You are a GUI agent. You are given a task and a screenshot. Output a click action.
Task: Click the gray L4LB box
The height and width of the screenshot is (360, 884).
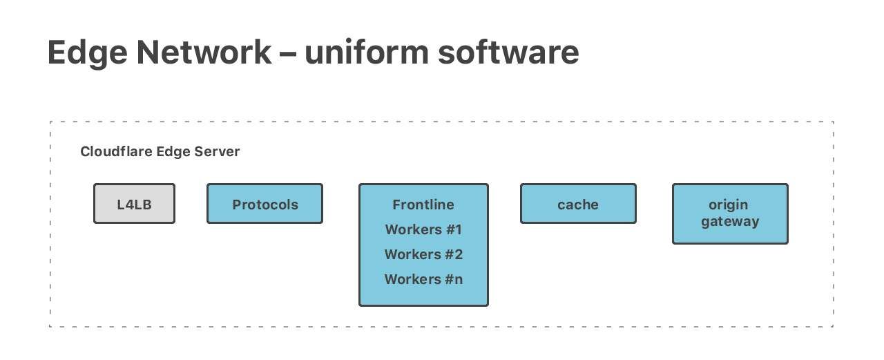point(134,203)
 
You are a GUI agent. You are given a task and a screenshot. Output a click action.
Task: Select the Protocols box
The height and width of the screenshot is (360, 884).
point(265,203)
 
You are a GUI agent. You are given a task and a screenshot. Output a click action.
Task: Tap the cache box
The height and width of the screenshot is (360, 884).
point(577,203)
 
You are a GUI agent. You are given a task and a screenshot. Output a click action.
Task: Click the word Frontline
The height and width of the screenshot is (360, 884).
point(423,205)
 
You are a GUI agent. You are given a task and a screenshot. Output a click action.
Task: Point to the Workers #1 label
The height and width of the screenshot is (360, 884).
point(423,229)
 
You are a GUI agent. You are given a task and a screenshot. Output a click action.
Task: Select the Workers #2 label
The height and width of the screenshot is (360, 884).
point(423,254)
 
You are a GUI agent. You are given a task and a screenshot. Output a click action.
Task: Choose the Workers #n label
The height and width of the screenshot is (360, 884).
point(423,279)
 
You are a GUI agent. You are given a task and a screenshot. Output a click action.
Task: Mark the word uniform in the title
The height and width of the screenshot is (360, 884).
point(365,53)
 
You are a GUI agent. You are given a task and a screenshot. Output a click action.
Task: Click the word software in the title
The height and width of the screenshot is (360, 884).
point(508,53)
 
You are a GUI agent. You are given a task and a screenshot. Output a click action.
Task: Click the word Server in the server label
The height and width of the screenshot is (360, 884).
point(219,151)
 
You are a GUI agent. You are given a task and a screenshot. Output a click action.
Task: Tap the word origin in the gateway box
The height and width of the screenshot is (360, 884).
point(729,205)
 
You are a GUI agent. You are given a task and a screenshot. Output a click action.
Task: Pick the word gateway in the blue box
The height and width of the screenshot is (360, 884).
point(729,222)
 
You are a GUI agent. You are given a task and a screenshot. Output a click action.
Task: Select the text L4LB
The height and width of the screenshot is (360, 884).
point(134,205)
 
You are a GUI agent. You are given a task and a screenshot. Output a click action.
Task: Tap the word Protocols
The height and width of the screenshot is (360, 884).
point(265,205)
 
